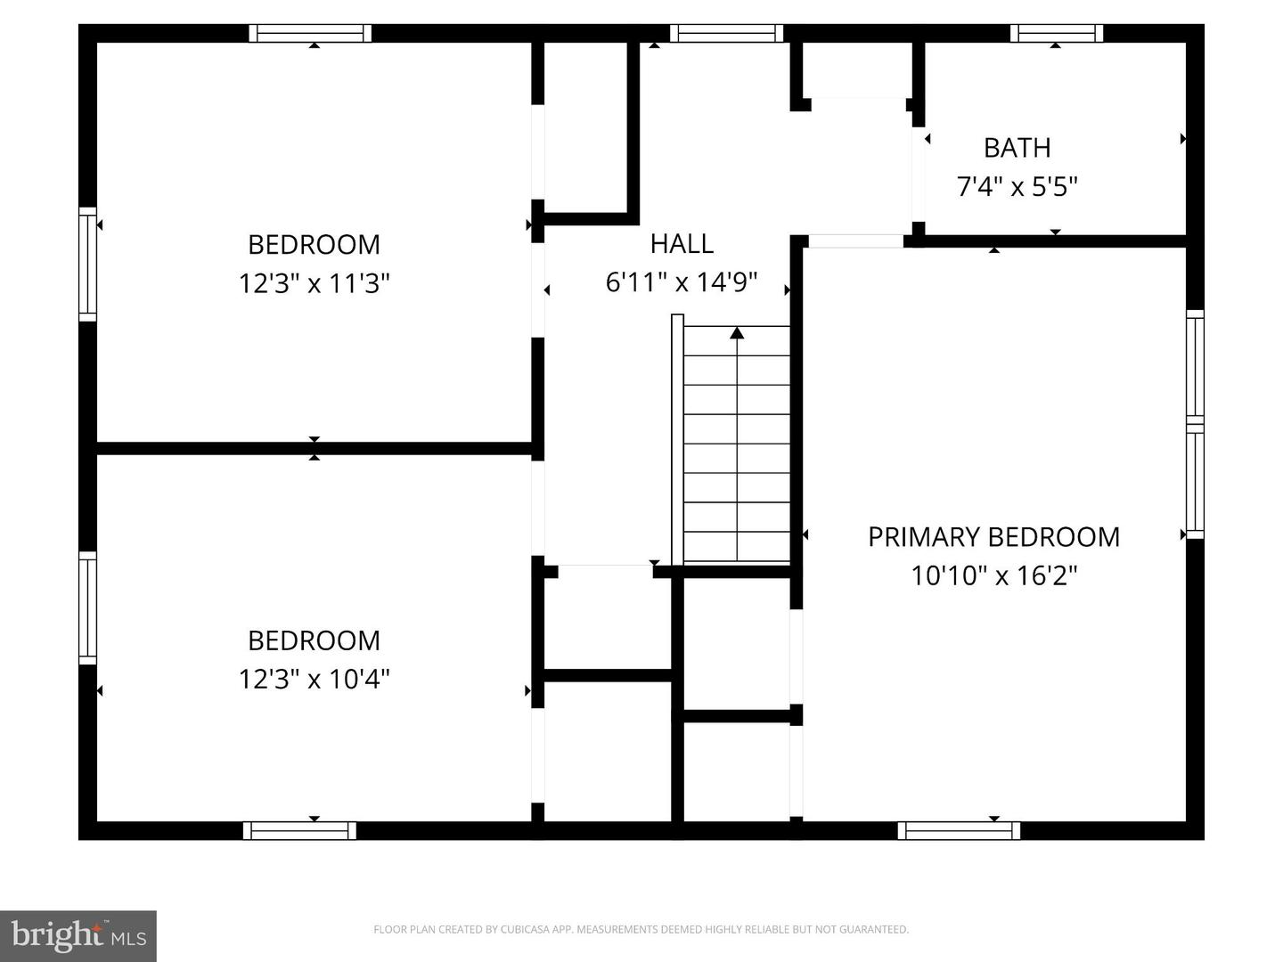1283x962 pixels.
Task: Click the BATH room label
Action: pyautogui.click(x=1017, y=148)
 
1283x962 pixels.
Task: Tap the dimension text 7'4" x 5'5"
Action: pyautogui.click(x=1017, y=187)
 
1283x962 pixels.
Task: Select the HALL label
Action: pyautogui.click(x=682, y=244)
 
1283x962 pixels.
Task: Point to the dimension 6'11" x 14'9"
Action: pyautogui.click(x=682, y=283)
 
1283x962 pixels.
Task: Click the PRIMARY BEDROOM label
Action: pyautogui.click(x=993, y=537)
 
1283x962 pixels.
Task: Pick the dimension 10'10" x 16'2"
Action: pyautogui.click(x=993, y=576)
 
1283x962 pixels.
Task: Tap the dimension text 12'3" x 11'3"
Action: pyautogui.click(x=314, y=284)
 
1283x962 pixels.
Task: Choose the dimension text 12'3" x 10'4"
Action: pyautogui.click(x=314, y=680)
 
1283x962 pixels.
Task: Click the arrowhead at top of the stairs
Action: pyautogui.click(x=737, y=333)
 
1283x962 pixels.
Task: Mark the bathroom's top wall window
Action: pyautogui.click(x=1057, y=34)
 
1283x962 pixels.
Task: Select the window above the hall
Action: pyautogui.click(x=726, y=34)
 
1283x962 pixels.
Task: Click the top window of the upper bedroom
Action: pyautogui.click(x=310, y=34)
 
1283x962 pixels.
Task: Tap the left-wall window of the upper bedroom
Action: pyautogui.click(x=87, y=264)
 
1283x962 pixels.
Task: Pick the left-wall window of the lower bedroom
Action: pyautogui.click(x=87, y=607)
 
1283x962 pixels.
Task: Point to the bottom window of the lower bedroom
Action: pyautogui.click(x=299, y=831)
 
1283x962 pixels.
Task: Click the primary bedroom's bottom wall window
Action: pyautogui.click(x=959, y=831)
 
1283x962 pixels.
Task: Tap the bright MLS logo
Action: pyautogui.click(x=78, y=936)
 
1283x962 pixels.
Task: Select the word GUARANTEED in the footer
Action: pyautogui.click(x=878, y=930)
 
